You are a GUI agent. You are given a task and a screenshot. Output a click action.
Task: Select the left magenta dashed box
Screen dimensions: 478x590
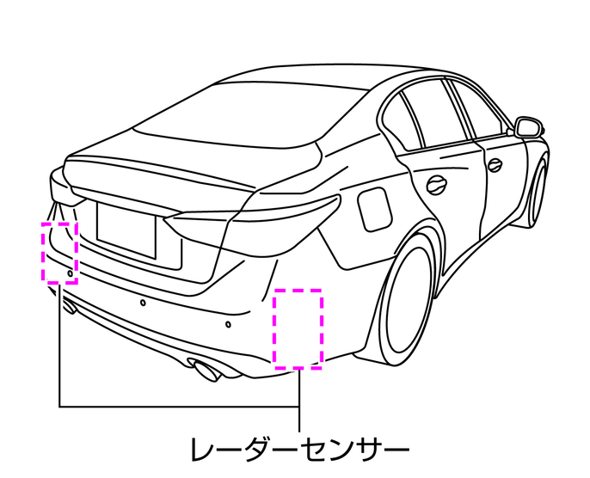(59, 251)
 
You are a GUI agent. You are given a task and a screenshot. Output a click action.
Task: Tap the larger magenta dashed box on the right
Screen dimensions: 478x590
(298, 328)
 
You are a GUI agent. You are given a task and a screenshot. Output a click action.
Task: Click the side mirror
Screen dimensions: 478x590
(530, 127)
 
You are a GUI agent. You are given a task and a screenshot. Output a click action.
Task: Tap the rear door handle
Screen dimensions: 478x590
(437, 182)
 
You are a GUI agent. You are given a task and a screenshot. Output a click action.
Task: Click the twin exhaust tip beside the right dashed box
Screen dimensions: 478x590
(206, 371)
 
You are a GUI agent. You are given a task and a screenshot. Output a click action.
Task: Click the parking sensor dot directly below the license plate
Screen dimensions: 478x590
(143, 303)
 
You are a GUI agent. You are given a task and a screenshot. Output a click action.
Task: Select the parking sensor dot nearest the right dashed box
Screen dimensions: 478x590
(228, 325)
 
